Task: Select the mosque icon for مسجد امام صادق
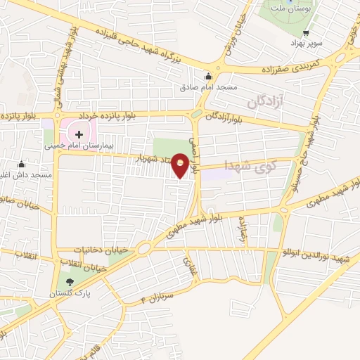[207, 77]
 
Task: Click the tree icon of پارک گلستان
[69, 282]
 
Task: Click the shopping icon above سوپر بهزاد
[307, 34]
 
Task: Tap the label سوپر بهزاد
[307, 44]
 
